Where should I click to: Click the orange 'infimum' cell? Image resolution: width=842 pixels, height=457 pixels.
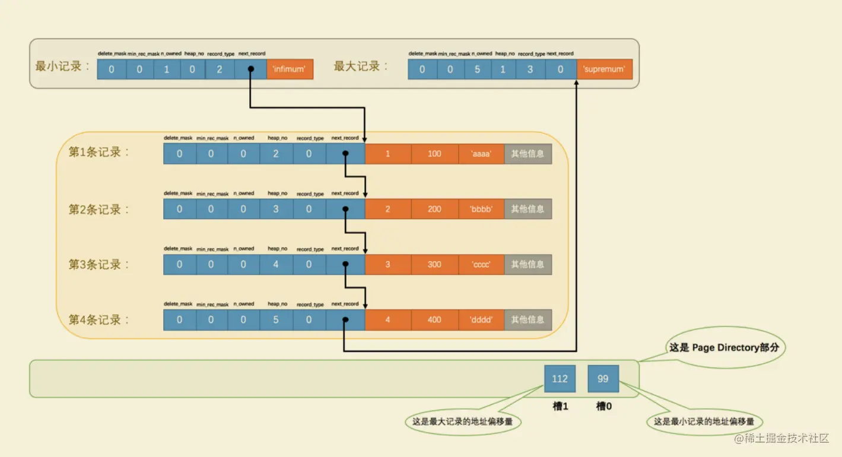[290, 69]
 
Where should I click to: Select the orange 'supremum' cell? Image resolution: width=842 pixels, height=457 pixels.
[604, 69]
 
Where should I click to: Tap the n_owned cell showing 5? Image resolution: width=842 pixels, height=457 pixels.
[478, 69]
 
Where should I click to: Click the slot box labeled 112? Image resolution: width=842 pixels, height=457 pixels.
[560, 379]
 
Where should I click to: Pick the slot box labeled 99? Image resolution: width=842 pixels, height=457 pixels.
[603, 379]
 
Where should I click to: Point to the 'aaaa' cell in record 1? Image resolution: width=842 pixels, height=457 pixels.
[481, 154]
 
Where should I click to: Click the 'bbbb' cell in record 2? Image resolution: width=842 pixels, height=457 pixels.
[481, 209]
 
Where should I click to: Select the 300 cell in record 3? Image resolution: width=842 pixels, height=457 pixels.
[434, 264]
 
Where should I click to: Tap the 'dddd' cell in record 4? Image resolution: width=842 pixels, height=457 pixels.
[481, 319]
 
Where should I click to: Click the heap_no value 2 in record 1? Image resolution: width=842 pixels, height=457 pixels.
[276, 154]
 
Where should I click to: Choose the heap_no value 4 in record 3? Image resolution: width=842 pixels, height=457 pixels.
[276, 264]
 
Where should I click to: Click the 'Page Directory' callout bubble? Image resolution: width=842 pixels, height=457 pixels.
[724, 348]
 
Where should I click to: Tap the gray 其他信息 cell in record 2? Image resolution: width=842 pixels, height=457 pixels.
[528, 209]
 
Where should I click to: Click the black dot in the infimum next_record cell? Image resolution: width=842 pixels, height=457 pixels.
[250, 69]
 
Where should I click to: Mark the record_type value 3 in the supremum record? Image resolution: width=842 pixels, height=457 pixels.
[530, 69]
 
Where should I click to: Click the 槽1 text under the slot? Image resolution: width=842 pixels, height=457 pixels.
[560, 407]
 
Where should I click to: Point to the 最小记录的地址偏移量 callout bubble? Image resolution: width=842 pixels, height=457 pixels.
[704, 422]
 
